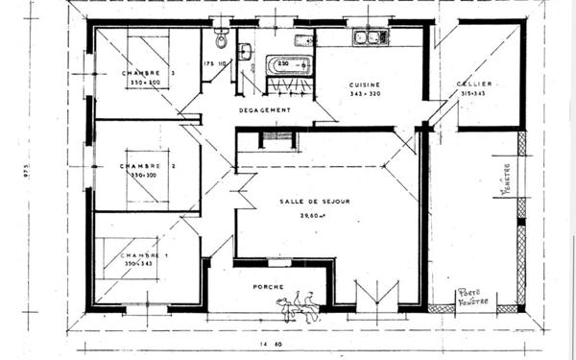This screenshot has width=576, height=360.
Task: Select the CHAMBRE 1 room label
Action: tap(143, 254)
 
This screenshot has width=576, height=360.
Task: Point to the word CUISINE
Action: tap(365, 84)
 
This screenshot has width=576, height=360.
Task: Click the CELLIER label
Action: tap(474, 84)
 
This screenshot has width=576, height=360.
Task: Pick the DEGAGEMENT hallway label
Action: tap(265, 109)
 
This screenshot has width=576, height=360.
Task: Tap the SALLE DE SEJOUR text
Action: tap(312, 201)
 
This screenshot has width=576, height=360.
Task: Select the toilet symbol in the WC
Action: tap(221, 39)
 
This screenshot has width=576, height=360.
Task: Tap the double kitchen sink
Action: tap(370, 38)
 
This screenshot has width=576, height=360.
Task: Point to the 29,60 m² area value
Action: tap(306, 216)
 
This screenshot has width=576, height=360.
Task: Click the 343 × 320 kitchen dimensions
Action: tap(365, 94)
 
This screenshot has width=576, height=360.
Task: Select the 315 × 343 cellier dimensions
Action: tap(474, 94)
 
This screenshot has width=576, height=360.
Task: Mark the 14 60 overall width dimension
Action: tap(269, 343)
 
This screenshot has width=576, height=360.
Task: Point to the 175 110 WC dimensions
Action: tap(215, 63)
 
